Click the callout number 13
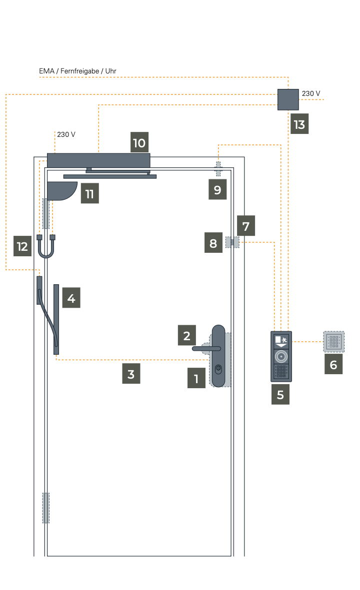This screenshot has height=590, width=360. pos(299,124)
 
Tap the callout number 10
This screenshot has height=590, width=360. pos(139,143)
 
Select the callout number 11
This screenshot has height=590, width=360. pos(89,193)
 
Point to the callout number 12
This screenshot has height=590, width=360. pos(22,246)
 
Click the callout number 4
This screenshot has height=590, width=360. pos(71,298)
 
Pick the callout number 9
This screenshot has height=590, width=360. pos(217,190)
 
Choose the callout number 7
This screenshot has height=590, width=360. pos(245,226)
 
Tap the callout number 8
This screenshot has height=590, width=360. pos(213,243)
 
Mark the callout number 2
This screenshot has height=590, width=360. pos(186,335)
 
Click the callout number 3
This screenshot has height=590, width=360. pos(131,374)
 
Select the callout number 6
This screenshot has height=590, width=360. pos(333,365)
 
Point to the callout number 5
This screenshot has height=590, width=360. pos(280,394)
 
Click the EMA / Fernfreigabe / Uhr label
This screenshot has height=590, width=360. pos(77,71)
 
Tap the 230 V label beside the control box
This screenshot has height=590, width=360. pos(311,93)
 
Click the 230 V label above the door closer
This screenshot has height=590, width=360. pos(66,134)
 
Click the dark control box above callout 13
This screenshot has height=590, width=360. pos(288,99)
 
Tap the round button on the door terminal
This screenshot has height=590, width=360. pos(281,357)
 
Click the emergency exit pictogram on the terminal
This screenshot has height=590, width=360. pos(284,339)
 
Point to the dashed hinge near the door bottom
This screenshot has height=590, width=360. pos(45,508)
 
